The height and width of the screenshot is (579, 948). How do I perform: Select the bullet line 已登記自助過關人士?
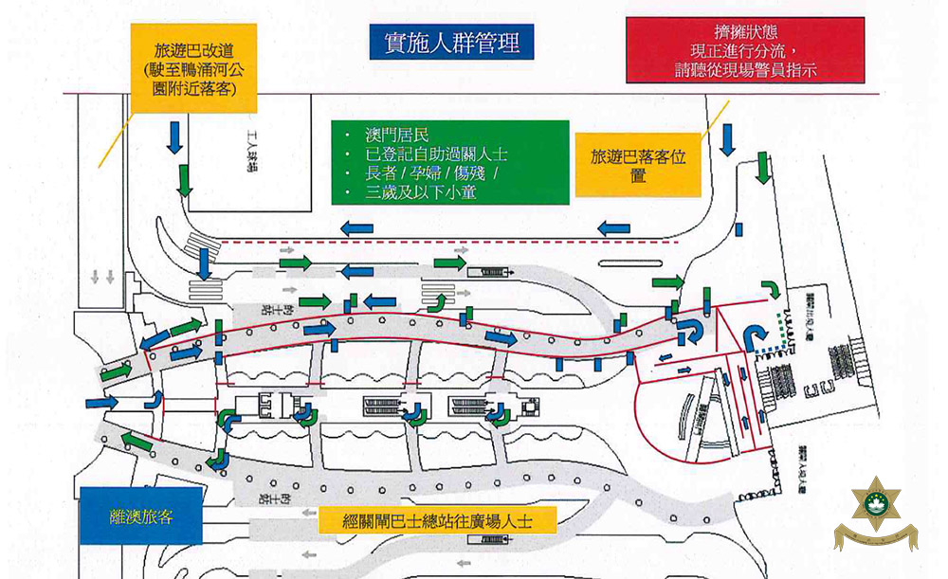(x=437, y=154)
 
